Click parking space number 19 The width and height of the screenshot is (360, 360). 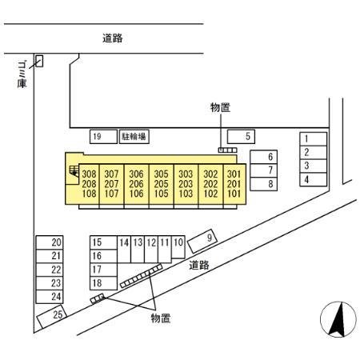103,137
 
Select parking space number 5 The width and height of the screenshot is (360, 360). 241,137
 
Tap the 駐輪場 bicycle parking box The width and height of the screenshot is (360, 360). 134,137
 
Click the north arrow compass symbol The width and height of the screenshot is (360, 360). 338,319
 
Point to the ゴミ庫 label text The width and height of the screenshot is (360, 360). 22,74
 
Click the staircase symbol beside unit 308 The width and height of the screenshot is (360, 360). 74,171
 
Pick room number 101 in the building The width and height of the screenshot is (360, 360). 234,194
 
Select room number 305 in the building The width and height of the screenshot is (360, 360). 161,174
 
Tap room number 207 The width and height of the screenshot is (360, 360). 111,184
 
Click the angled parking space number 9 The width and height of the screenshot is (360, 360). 202,241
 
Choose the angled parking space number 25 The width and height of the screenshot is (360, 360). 51,316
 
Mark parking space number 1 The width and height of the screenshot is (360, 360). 314,139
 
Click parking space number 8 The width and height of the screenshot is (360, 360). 264,184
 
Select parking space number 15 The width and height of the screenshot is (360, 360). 103,242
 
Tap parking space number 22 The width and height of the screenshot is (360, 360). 50,270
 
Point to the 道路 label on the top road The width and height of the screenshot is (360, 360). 113,38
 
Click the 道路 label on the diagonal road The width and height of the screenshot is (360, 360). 199,265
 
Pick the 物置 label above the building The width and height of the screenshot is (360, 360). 220,107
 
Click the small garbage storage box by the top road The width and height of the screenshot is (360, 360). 39,61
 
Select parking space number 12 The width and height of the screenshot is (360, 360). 151,250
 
